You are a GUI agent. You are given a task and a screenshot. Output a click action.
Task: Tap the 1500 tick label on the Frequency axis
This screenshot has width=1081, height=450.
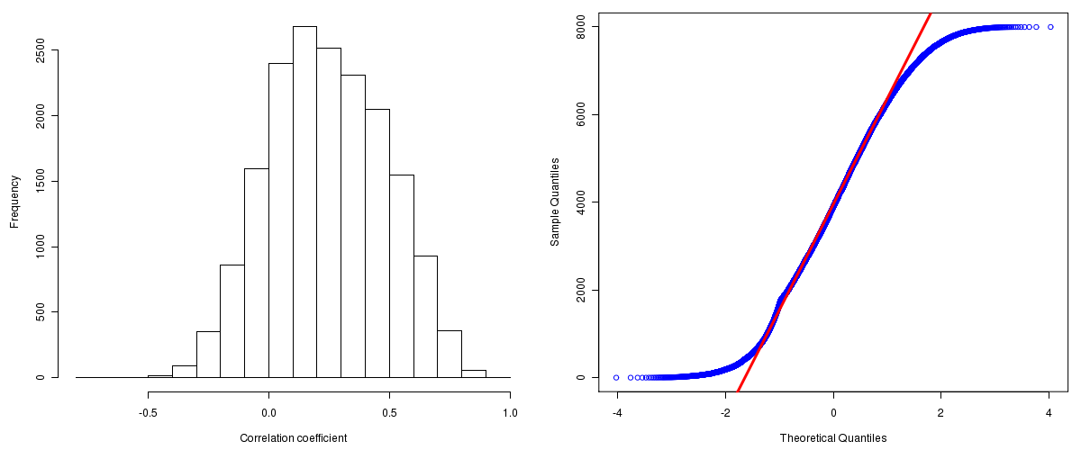39,181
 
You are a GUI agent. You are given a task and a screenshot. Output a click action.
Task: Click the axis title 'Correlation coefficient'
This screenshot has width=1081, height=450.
294,438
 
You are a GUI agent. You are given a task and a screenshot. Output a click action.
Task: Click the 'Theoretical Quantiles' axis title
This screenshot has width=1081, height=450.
833,438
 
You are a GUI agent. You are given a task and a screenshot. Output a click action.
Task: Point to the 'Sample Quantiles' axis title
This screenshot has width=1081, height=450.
555,202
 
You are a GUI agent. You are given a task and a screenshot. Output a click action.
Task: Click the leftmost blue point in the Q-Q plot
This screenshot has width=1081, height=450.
616,377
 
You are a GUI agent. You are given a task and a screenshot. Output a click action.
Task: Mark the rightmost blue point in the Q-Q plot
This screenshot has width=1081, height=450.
1050,27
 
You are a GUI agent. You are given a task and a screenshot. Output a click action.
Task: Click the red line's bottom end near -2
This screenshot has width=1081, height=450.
739,390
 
